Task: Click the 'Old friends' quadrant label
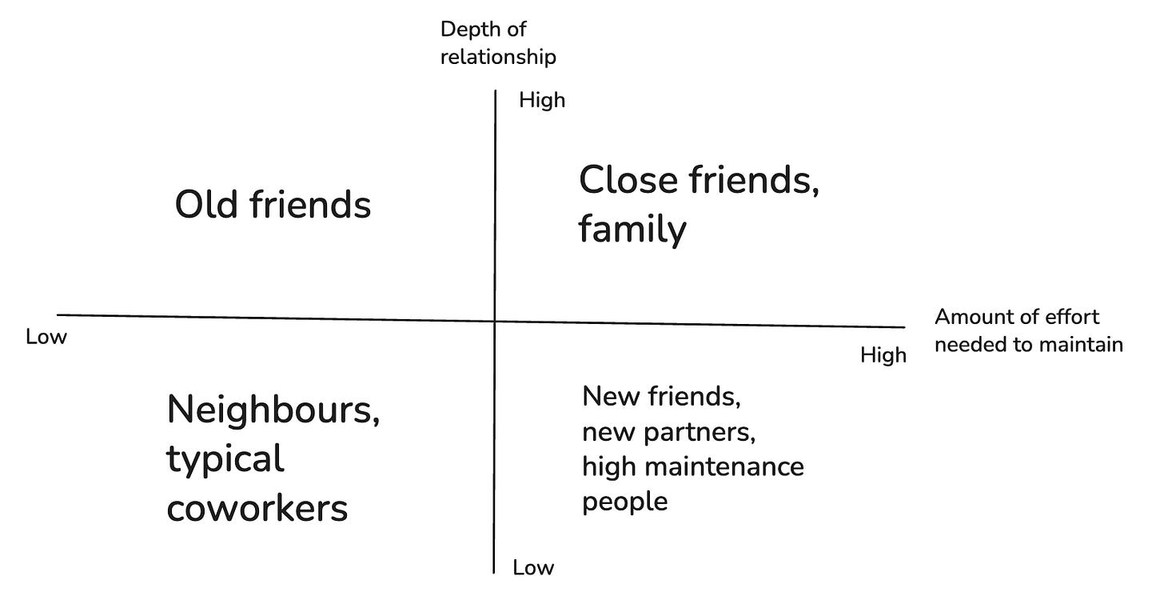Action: point(273,206)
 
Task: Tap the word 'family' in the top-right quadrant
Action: point(632,230)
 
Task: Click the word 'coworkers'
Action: point(257,508)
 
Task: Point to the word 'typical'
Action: point(225,460)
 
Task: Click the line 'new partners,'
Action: point(668,432)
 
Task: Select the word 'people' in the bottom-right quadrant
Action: point(624,502)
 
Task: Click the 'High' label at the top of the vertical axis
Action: point(541,101)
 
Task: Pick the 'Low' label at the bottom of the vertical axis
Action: point(533,568)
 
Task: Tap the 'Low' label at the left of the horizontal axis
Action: point(46,337)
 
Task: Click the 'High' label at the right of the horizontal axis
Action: point(883,355)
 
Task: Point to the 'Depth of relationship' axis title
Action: point(497,43)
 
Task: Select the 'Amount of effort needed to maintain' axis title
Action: point(1028,330)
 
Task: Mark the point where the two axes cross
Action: point(496,320)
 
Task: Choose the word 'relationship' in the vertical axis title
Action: point(497,58)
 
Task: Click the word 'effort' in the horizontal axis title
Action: point(1072,317)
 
